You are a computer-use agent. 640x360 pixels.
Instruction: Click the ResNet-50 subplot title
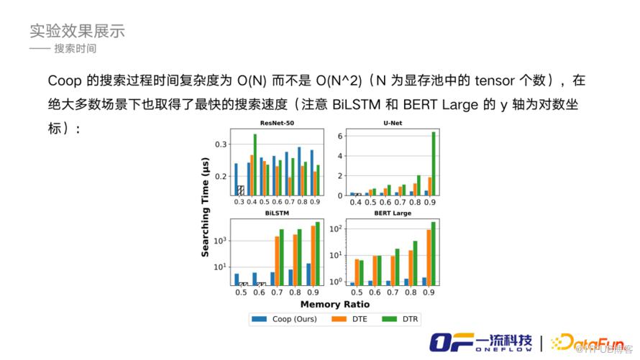pyautogui.click(x=276, y=123)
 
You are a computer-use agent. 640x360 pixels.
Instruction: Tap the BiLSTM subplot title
pyautogui.click(x=276, y=213)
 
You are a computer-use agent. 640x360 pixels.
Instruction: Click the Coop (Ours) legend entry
pyautogui.click(x=284, y=318)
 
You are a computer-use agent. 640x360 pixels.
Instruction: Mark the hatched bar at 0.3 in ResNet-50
pyautogui.click(x=241, y=190)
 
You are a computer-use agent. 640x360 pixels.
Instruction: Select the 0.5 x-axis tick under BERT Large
pyautogui.click(x=355, y=292)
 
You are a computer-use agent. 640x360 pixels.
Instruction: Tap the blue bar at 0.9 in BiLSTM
pyautogui.click(x=308, y=274)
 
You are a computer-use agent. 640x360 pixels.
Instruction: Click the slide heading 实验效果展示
pyautogui.click(x=77, y=31)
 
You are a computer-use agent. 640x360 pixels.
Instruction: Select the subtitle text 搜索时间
pyautogui.click(x=75, y=49)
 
